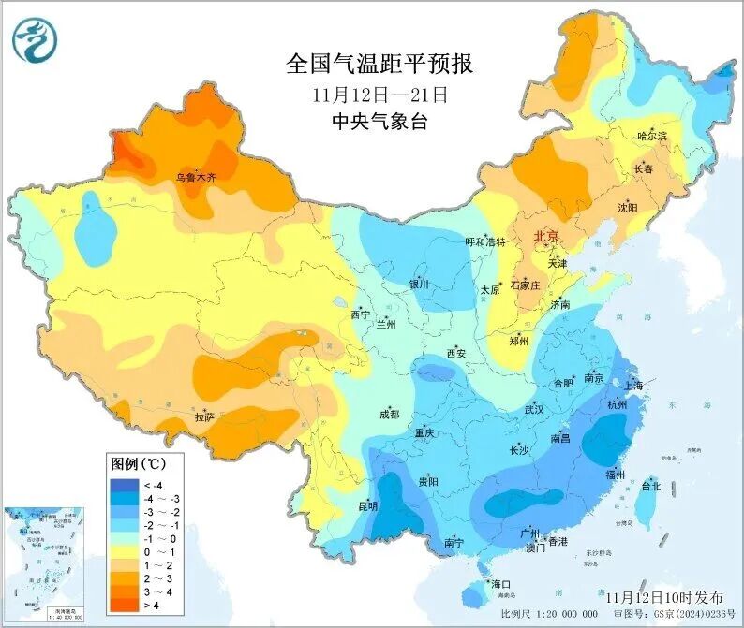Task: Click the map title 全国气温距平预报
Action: pyautogui.click(x=379, y=65)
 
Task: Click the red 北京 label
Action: pyautogui.click(x=546, y=236)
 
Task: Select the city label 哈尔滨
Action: pyautogui.click(x=652, y=137)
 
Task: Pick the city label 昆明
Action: pyautogui.click(x=367, y=506)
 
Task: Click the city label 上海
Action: pyautogui.click(x=632, y=386)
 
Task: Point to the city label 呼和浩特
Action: pyautogui.click(x=485, y=241)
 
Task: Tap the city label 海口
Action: pyautogui.click(x=500, y=585)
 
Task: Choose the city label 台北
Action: pyautogui.click(x=650, y=487)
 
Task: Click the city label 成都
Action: pyautogui.click(x=389, y=414)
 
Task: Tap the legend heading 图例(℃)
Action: pyautogui.click(x=138, y=464)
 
